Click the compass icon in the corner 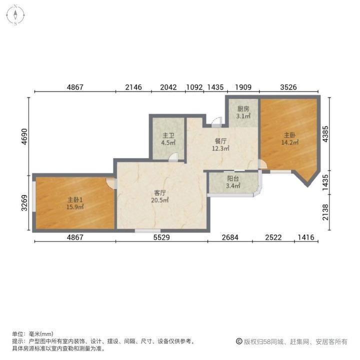pyautogui.click(x=16, y=14)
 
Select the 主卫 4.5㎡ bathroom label pyautogui.click(x=168, y=138)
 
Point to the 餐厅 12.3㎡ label pyautogui.click(x=221, y=144)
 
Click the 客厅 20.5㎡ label pyautogui.click(x=160, y=196)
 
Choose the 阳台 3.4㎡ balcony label pyautogui.click(x=233, y=182)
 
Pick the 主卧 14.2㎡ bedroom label pyautogui.click(x=291, y=138)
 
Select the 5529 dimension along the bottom pyautogui.click(x=161, y=237)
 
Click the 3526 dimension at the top pyautogui.click(x=288, y=87)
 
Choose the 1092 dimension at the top pyautogui.click(x=194, y=87)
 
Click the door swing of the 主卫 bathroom pyautogui.click(x=173, y=157)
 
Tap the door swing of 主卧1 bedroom pyautogui.click(x=111, y=183)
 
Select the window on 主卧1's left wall pyautogui.click(x=33, y=202)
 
